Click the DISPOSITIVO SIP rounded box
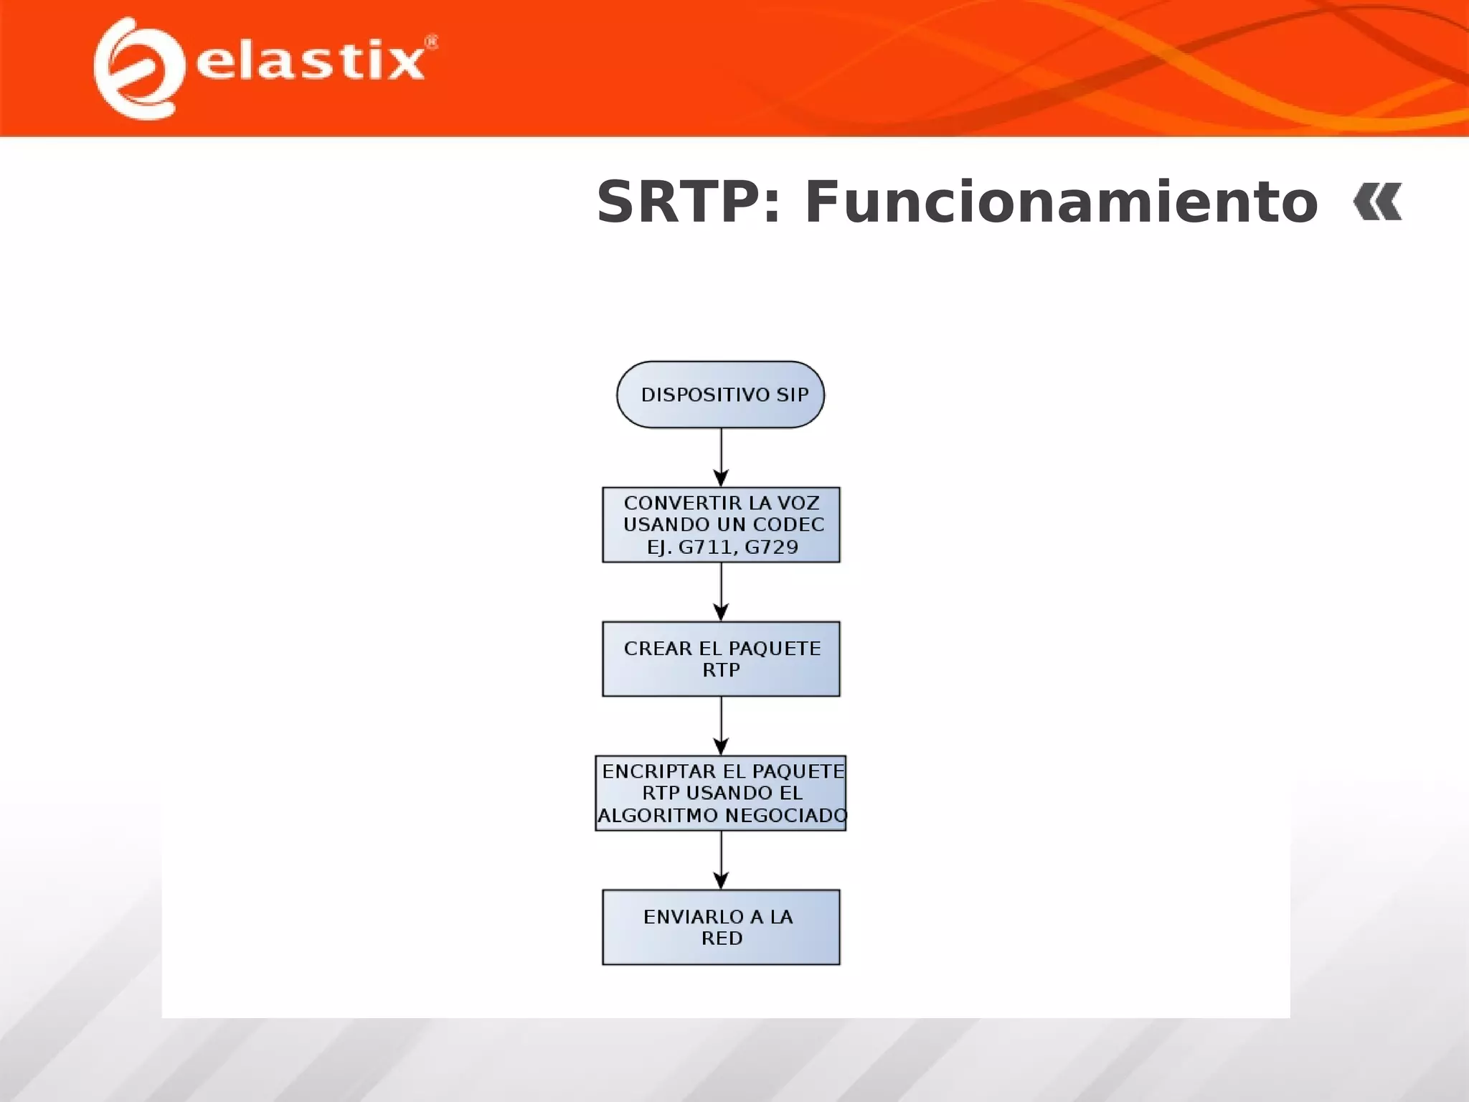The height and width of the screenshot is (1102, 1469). pos(720,395)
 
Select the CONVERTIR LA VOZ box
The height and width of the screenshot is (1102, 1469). pos(721,524)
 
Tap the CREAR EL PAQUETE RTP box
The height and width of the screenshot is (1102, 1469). pos(721,659)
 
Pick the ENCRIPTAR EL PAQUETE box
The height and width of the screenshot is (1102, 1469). pos(721,793)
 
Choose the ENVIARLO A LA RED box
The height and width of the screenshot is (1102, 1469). pos(721,927)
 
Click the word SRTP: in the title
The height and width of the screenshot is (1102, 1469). pos(688,202)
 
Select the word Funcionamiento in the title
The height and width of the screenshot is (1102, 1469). pos(1061,202)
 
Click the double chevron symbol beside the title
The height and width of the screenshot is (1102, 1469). pos(1377,202)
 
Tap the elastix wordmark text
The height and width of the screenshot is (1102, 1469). pos(310,60)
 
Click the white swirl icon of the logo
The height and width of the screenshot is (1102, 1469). pos(136,68)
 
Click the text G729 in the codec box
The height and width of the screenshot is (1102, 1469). pos(771,547)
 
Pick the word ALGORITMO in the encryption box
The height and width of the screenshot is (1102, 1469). pos(658,816)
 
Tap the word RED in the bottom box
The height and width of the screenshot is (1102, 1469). pos(722,938)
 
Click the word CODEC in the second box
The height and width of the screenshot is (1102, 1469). pos(788,524)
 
